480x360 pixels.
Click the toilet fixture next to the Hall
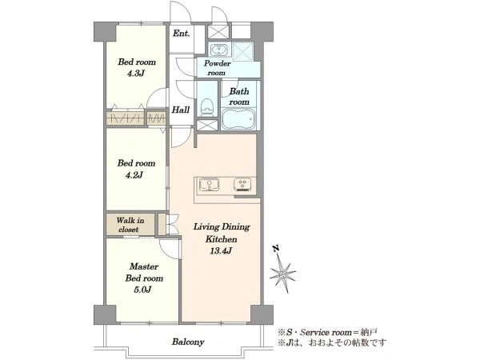click(207, 107)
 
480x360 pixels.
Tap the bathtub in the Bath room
click(238, 118)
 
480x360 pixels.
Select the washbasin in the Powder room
click(218, 50)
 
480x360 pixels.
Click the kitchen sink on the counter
click(209, 185)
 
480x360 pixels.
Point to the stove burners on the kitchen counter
click(242, 184)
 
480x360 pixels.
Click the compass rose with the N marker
click(282, 270)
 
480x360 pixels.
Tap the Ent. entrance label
click(182, 33)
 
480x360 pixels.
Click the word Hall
click(180, 110)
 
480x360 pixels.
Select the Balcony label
click(188, 342)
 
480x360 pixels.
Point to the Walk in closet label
click(130, 225)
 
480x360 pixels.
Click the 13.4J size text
click(221, 251)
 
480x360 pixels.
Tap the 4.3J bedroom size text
click(135, 74)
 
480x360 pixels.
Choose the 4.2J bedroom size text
click(134, 175)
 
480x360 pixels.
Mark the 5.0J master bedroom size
click(142, 290)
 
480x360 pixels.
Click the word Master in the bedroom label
click(144, 266)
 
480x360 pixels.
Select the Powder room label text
click(217, 68)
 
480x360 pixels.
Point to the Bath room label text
click(239, 97)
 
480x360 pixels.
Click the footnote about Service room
click(327, 332)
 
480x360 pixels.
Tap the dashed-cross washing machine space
click(242, 51)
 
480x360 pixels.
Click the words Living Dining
click(222, 227)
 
